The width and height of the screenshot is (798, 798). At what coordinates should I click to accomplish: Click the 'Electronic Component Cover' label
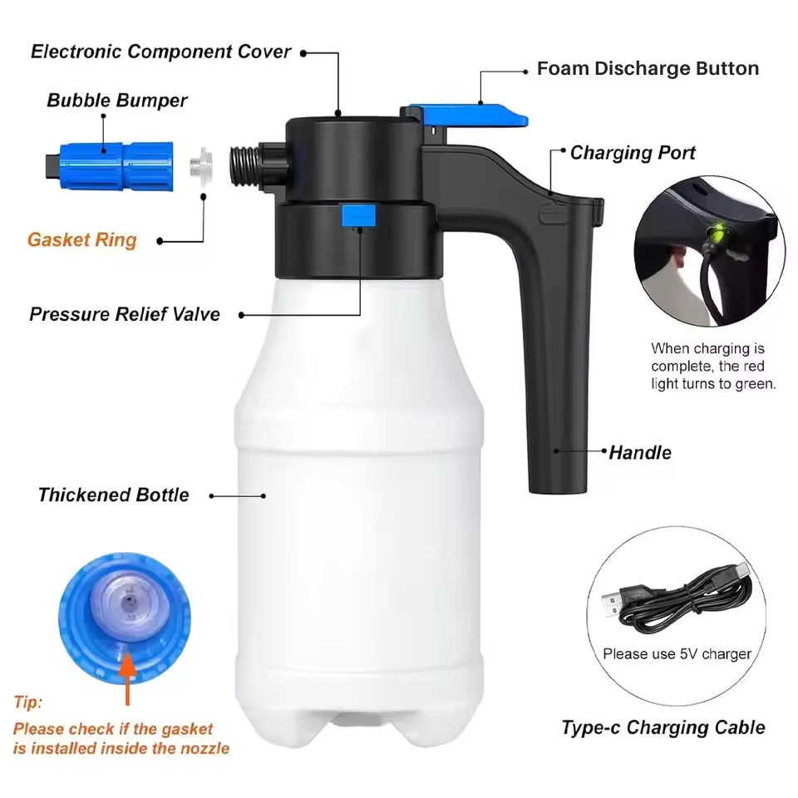pos(160,52)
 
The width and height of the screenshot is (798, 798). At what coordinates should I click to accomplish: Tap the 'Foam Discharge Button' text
pos(648,69)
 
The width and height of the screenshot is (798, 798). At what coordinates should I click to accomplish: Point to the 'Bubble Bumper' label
pos(116,101)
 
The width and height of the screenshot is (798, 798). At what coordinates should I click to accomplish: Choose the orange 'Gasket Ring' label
pos(81,240)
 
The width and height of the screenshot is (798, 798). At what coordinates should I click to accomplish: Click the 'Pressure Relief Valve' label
pos(125,314)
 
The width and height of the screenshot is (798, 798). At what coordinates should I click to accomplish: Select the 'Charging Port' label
pos(633,153)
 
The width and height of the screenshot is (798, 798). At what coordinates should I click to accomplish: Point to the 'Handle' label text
pos(640,453)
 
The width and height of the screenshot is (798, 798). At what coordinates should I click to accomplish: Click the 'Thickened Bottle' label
pos(113,495)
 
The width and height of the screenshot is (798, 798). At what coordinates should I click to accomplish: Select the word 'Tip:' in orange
pos(27,703)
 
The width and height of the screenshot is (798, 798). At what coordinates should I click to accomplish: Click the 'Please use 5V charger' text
pos(677,654)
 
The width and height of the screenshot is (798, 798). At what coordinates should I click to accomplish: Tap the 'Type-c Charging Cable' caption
pos(663,728)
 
